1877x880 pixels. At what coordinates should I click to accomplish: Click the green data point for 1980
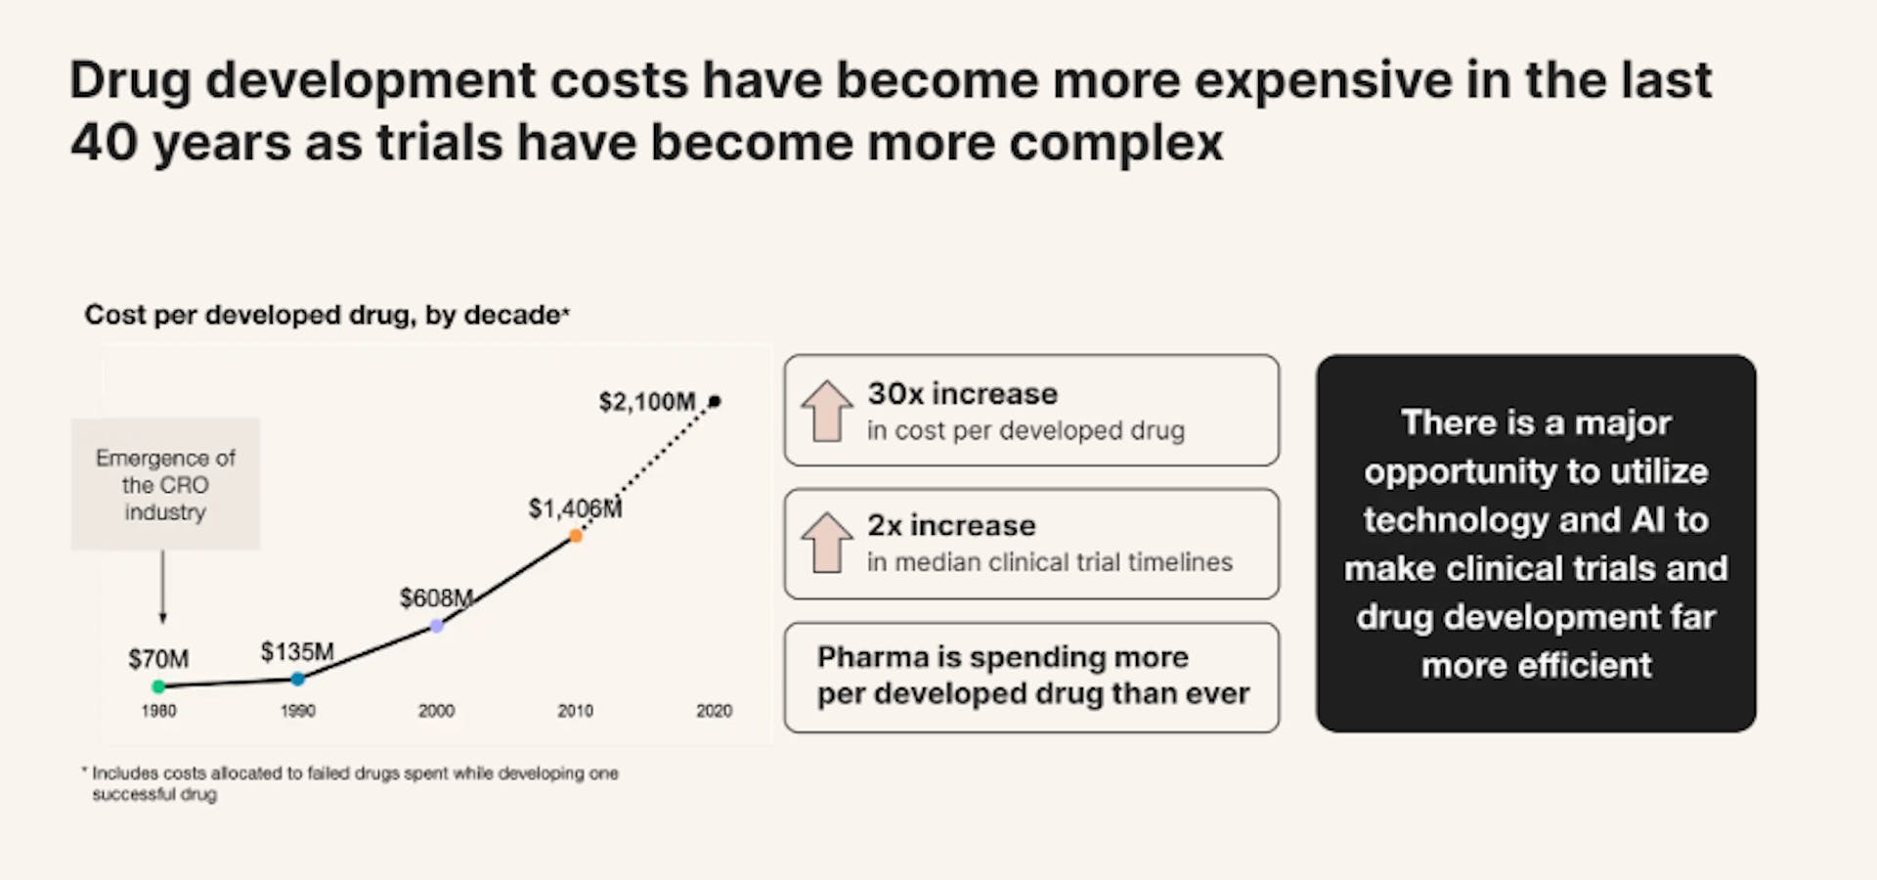click(x=158, y=686)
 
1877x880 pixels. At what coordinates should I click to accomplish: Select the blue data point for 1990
click(x=298, y=679)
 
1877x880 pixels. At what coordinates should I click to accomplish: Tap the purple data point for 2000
click(x=437, y=626)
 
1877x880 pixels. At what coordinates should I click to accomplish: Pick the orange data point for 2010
click(x=576, y=536)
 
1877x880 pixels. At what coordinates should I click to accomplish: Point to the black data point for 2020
click(x=715, y=401)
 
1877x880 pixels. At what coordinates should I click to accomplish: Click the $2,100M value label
click(x=646, y=402)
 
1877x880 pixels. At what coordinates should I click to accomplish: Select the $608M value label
click(x=436, y=597)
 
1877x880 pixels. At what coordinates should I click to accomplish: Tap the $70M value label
click(x=158, y=659)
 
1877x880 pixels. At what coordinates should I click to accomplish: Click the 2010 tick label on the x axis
click(x=575, y=711)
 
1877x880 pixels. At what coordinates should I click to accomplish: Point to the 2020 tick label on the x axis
click(x=714, y=711)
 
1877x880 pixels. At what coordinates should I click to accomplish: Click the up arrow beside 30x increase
click(x=827, y=411)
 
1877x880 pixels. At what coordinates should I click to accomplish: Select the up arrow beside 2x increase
click(x=827, y=543)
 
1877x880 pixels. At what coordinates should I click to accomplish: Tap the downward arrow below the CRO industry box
click(x=163, y=587)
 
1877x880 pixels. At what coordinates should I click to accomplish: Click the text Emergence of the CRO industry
click(x=165, y=484)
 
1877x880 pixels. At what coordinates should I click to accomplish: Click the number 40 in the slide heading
click(x=104, y=143)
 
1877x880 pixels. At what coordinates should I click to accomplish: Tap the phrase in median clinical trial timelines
click(x=1049, y=562)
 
